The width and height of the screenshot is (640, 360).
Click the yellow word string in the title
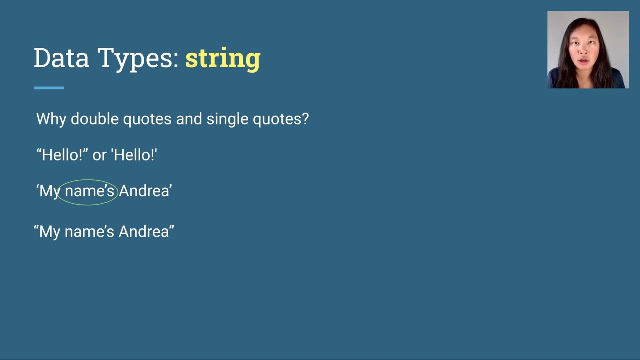223,59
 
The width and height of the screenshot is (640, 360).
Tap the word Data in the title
61,58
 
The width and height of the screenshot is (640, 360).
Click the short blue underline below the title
49,88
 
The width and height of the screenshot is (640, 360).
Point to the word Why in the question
51,119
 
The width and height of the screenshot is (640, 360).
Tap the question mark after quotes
305,119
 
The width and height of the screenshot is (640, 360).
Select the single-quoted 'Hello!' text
134,155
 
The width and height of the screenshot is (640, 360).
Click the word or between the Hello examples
99,155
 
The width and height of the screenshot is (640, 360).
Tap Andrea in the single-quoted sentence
144,191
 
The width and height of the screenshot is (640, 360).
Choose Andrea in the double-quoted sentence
144,232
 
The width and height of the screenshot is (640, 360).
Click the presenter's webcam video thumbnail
588,50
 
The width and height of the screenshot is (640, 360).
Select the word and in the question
190,119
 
